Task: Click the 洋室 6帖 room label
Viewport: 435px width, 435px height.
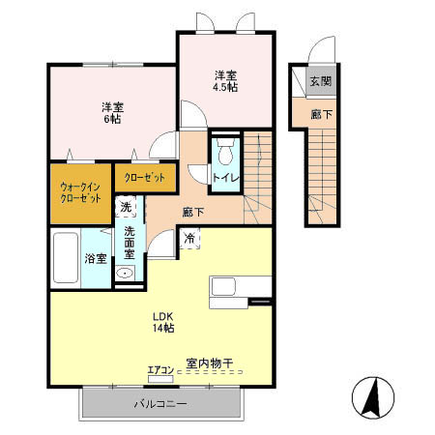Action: click(x=111, y=112)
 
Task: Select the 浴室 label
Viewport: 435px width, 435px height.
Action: click(x=95, y=259)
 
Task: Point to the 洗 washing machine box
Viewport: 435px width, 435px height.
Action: click(x=126, y=207)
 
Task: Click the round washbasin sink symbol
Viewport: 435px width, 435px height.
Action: click(x=124, y=275)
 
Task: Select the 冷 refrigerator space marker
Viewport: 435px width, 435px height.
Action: click(x=189, y=238)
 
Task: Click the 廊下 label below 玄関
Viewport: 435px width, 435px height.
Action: click(x=320, y=113)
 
